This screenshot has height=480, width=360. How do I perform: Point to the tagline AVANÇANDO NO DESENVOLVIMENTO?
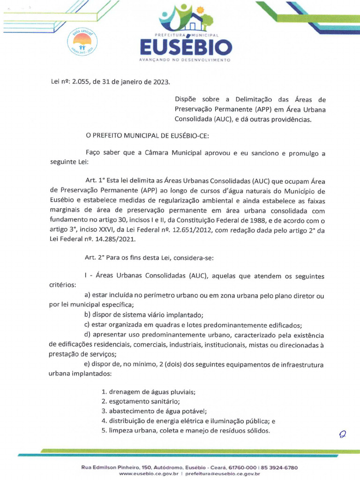pyautogui.click(x=186, y=60)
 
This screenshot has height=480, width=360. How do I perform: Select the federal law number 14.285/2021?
pyautogui.click(x=114, y=239)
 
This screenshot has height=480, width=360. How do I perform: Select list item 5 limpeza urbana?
pyautogui.click(x=186, y=431)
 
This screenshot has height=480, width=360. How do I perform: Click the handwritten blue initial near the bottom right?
pyautogui.click(x=342, y=435)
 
